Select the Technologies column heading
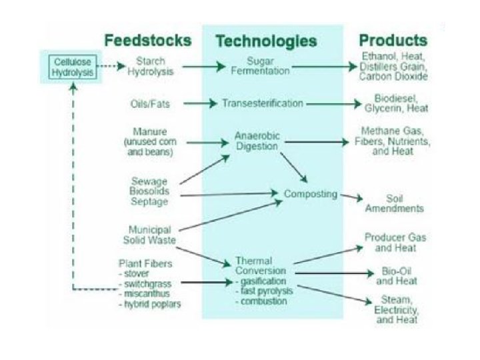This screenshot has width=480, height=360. click(266, 41)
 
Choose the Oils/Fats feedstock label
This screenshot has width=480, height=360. click(147, 104)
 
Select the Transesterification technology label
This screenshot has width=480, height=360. click(262, 104)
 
